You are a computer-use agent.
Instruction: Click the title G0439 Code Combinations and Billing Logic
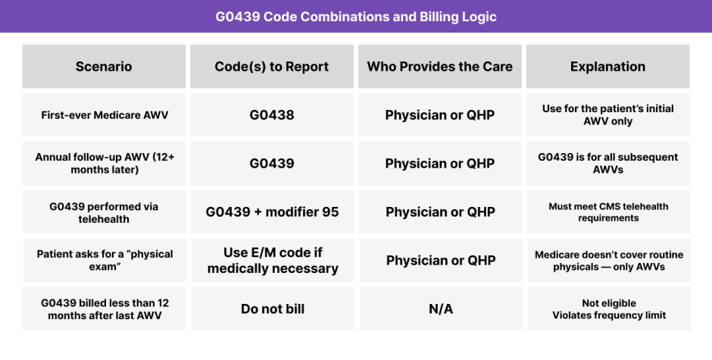(x=355, y=17)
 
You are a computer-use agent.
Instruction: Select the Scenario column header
(x=104, y=67)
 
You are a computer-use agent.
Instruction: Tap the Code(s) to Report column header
(x=271, y=67)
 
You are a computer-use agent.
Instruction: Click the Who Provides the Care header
(x=439, y=67)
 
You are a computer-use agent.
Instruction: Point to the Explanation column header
(x=608, y=67)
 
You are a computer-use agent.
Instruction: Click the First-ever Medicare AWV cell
(x=104, y=115)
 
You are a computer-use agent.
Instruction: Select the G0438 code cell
(x=271, y=115)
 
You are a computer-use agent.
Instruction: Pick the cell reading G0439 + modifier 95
(x=272, y=211)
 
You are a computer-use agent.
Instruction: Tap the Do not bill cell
(x=273, y=308)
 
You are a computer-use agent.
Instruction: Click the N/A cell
(x=441, y=308)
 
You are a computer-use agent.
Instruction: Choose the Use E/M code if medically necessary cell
(x=273, y=261)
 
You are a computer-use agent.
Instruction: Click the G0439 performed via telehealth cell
(x=104, y=211)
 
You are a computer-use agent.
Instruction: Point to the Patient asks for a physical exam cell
(x=105, y=261)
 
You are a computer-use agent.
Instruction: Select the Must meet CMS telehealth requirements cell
(x=608, y=211)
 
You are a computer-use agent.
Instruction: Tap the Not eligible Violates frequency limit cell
(x=609, y=308)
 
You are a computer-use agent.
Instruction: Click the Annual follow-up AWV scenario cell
(x=104, y=163)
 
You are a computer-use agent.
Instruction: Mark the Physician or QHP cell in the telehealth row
(x=440, y=211)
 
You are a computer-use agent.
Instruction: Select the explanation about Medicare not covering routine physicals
(x=609, y=261)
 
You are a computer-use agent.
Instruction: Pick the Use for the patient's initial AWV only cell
(x=608, y=115)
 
